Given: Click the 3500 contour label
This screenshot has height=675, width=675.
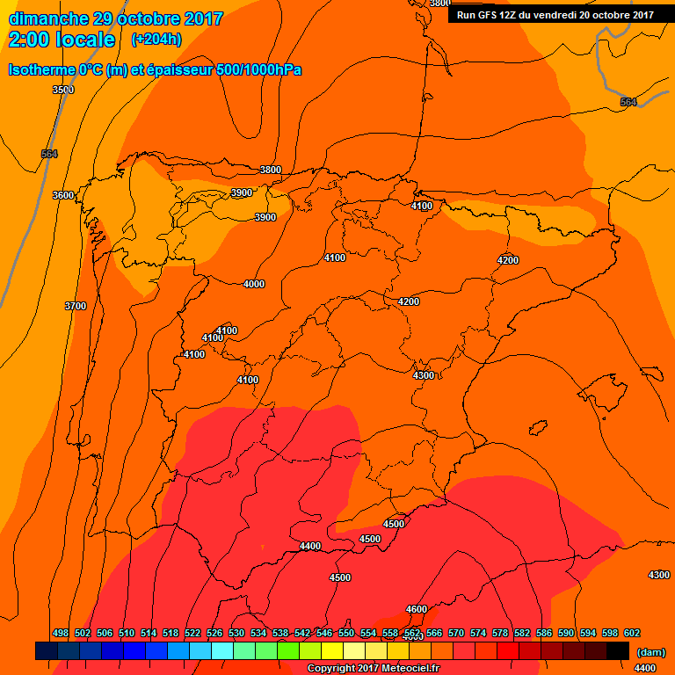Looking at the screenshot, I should [63, 90].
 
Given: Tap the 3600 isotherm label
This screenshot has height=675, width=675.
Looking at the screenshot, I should [63, 195].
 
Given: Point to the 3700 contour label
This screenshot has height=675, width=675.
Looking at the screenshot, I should [76, 306].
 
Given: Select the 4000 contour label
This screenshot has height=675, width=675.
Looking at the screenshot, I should [254, 284].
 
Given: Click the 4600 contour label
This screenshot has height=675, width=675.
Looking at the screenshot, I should [417, 609].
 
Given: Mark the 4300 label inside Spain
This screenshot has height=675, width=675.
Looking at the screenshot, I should [424, 375].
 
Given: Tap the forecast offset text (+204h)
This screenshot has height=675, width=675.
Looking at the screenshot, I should [156, 40].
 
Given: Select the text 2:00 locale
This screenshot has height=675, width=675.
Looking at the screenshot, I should [62, 40].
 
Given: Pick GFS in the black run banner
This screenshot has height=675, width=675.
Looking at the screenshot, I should [487, 14].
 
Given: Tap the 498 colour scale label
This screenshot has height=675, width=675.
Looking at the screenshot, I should [61, 633].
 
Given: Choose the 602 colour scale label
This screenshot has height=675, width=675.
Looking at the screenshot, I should [632, 633].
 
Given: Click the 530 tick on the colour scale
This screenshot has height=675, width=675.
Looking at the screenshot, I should [236, 633].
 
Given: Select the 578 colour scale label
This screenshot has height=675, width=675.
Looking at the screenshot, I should [500, 633].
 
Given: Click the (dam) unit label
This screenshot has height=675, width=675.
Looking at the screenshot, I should [650, 652].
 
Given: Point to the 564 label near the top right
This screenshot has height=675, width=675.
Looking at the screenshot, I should [628, 103].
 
